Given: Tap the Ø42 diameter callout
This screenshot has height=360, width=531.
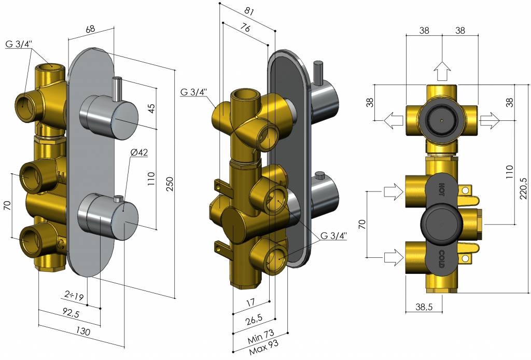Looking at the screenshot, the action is pyautogui.click(x=139, y=153).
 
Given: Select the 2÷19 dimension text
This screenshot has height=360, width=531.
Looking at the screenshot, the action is pyautogui.click(x=74, y=296).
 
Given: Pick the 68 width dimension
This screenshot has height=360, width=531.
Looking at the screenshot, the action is pyautogui.click(x=90, y=29).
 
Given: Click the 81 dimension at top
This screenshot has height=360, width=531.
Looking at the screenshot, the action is pyautogui.click(x=248, y=11).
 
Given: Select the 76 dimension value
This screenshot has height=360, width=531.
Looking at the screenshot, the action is pyautogui.click(x=245, y=27).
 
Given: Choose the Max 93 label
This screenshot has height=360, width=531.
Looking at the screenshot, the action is pyautogui.click(x=264, y=347).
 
